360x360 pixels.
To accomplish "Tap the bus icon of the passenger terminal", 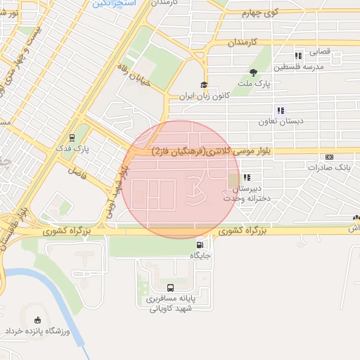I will [171, 288].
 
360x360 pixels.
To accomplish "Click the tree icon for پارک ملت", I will [254, 72].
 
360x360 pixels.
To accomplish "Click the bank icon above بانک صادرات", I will [329, 156].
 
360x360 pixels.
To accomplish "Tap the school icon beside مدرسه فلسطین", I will [298, 55].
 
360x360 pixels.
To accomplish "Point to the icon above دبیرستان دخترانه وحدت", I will [246, 177].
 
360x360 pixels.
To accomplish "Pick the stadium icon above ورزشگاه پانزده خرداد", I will [36, 320].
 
